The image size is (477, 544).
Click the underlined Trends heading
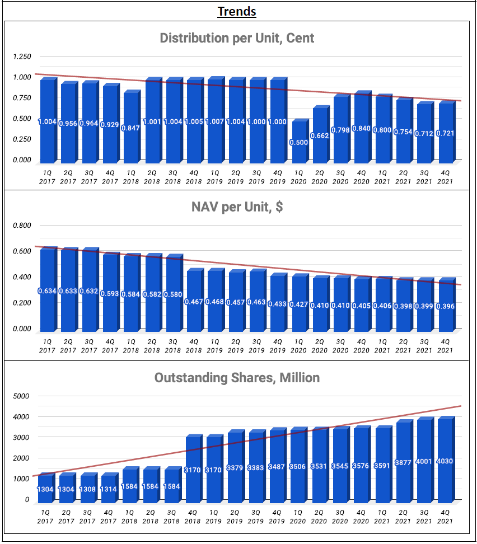coord(237,11)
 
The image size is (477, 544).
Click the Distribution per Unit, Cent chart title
coord(237,38)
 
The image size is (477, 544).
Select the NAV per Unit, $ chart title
coord(237,207)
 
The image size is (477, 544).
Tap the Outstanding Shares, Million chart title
coord(237,378)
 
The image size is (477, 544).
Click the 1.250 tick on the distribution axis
coord(22,57)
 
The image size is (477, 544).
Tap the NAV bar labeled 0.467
coord(194,301)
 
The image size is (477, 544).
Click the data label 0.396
coord(446,306)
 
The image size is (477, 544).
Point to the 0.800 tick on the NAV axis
coord(22,226)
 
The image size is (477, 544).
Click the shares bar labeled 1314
coord(109,487)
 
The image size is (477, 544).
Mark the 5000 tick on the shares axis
coord(21,396)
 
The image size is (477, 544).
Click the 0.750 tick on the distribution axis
coord(22,98)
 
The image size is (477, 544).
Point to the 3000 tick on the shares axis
coord(21,438)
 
